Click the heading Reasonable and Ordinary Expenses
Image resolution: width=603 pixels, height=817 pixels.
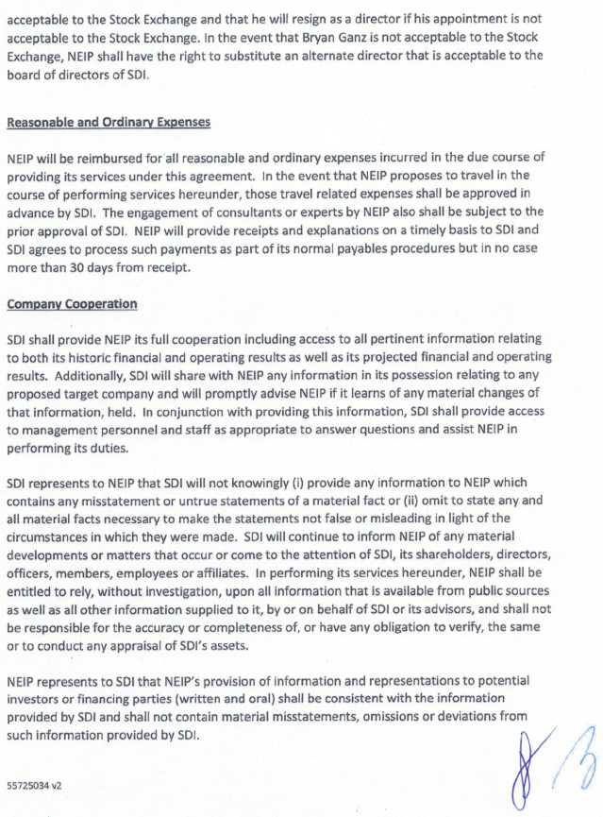pyautogui.click(x=109, y=123)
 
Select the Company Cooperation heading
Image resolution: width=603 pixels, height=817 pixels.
pyautogui.click(x=72, y=304)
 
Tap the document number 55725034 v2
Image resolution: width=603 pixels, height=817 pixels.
pyautogui.click(x=34, y=785)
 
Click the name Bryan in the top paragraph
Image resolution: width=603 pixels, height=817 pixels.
pyautogui.click(x=369, y=39)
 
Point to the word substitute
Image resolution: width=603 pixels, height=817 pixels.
pyautogui.click(x=287, y=57)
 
